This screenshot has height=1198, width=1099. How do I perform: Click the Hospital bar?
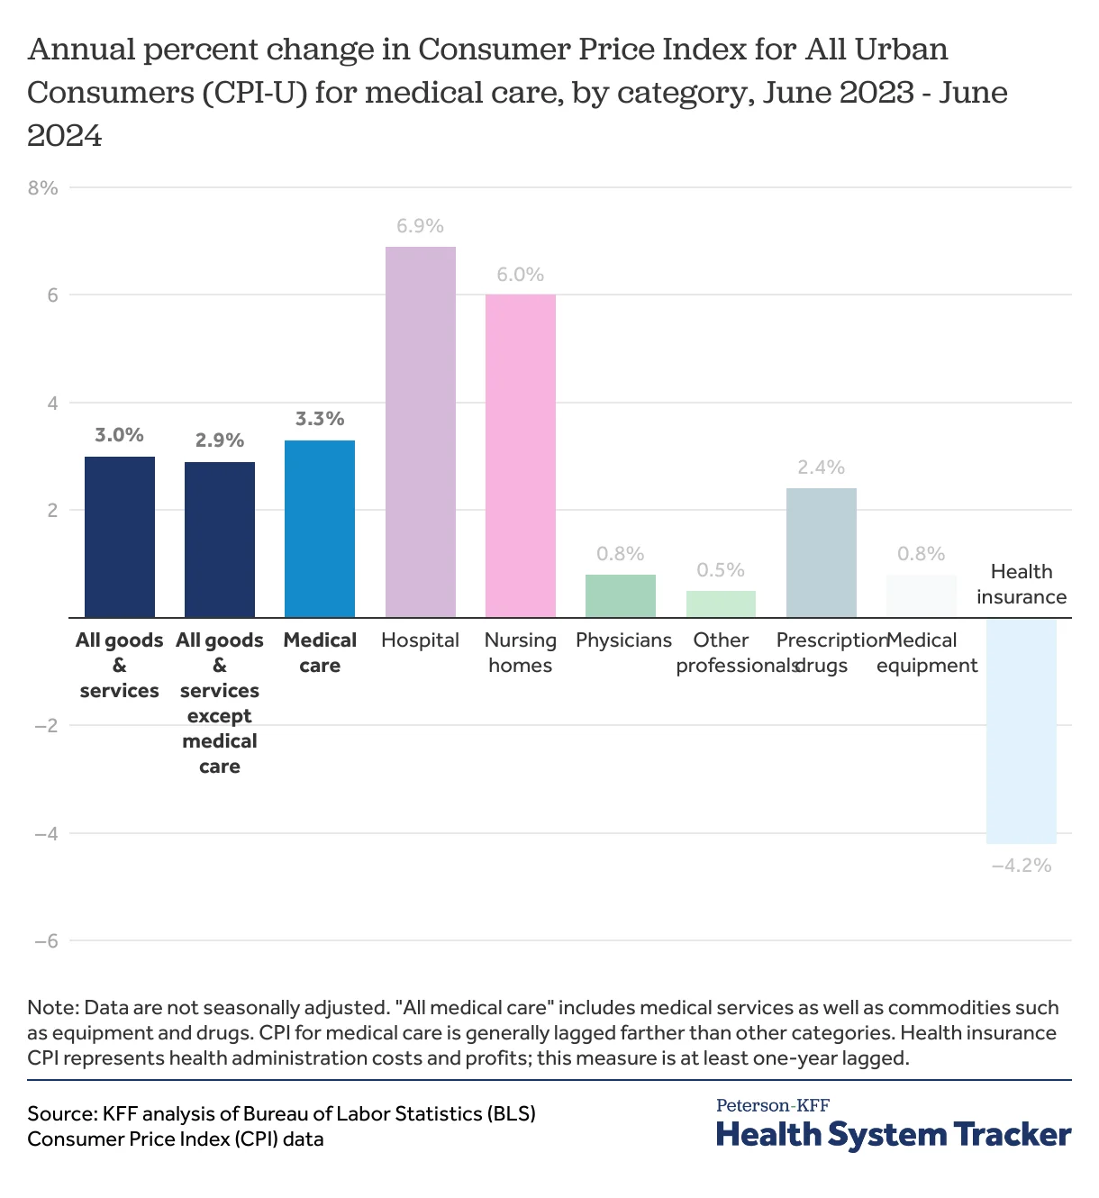point(420,432)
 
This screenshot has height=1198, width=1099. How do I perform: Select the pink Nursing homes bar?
point(520,456)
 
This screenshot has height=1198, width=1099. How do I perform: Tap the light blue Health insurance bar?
point(1021,731)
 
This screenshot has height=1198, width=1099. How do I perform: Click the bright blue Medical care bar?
point(320,529)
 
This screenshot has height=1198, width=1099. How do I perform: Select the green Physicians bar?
point(620,596)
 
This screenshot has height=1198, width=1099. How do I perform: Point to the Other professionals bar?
point(721,604)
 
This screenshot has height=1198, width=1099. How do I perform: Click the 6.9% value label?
point(420,226)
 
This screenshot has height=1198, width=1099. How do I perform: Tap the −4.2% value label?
point(1021,866)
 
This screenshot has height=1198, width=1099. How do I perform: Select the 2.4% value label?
point(821,467)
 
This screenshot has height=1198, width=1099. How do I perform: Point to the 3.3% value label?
point(320,419)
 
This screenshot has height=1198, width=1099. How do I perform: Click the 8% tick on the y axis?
point(43,188)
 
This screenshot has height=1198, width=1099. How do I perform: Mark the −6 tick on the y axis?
point(45,941)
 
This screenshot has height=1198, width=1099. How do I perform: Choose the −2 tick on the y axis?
point(45,726)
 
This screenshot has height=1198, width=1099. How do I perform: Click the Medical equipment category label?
point(926,653)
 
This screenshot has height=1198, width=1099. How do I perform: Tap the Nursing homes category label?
point(520,653)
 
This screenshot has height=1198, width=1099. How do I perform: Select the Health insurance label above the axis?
point(1021,584)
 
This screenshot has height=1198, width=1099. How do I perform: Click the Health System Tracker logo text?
point(893,1134)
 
